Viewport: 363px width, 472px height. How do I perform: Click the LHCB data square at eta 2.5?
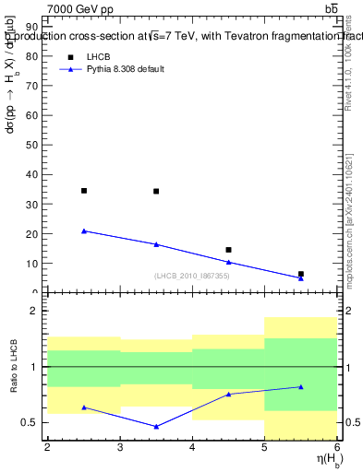84,191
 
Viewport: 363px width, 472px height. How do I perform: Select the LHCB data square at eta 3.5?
156,192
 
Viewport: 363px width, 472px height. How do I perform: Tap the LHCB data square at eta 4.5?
228,250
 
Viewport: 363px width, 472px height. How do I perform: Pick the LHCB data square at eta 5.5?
301,274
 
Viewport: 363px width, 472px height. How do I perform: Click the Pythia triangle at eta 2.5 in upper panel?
84,230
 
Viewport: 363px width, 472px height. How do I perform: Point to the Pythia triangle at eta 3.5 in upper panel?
156,244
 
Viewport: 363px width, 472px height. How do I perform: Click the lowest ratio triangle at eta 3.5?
156,426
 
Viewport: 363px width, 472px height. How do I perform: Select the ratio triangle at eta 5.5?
301,386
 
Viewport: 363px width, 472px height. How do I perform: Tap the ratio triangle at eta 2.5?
84,407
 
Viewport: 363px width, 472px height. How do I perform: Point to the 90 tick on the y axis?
37,27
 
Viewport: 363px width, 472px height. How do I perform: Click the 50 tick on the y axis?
37,145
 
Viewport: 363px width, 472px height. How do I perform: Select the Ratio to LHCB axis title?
13,369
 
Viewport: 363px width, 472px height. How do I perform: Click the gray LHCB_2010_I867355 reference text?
192,277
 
